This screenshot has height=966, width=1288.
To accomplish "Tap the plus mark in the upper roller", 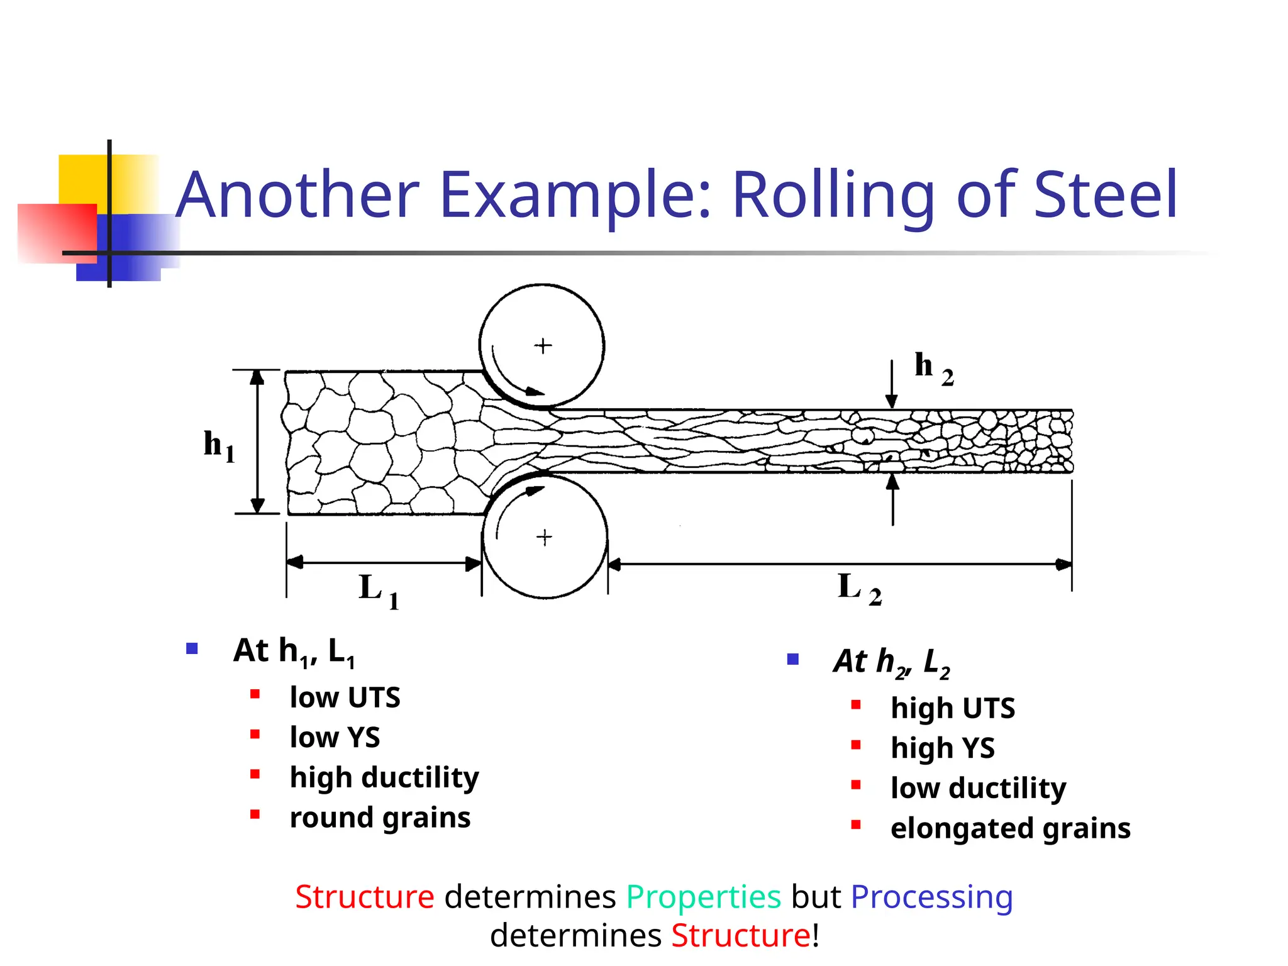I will [543, 346].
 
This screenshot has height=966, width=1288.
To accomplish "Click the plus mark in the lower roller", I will [544, 538].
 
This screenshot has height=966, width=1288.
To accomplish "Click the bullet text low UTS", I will [345, 697].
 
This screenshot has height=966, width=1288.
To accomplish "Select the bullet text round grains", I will [380, 818].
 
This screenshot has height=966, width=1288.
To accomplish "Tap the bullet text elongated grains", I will [1010, 828].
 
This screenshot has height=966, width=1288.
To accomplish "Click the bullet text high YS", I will [942, 748].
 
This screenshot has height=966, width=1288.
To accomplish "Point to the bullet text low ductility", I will [978, 788].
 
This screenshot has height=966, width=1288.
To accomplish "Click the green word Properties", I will [703, 897].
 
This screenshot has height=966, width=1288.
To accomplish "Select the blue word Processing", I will [931, 897].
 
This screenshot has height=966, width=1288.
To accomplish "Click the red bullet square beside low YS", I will [255, 734].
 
